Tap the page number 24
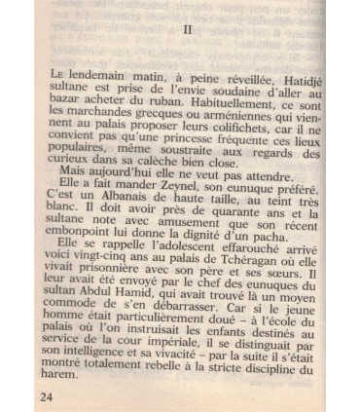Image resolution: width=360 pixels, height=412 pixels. point(47,396)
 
